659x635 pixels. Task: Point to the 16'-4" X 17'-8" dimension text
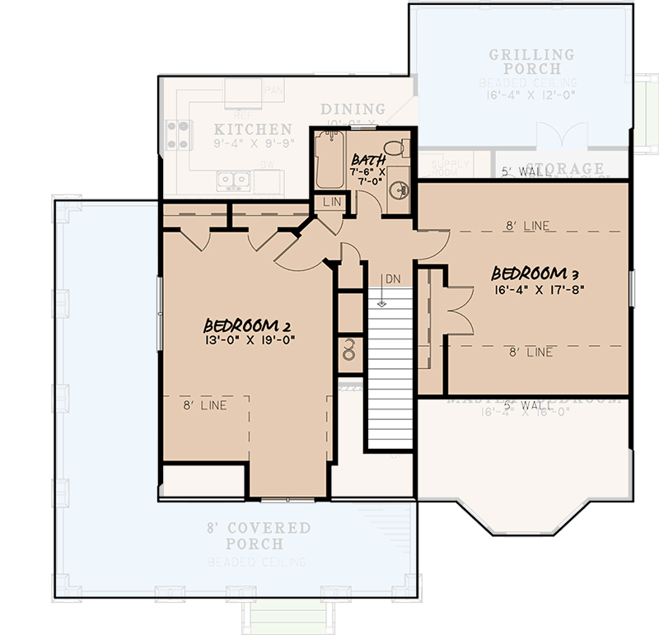click(532, 289)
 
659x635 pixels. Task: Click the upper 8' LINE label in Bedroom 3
click(527, 225)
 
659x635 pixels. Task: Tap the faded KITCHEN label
click(253, 129)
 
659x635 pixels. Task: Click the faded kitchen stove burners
click(179, 135)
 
